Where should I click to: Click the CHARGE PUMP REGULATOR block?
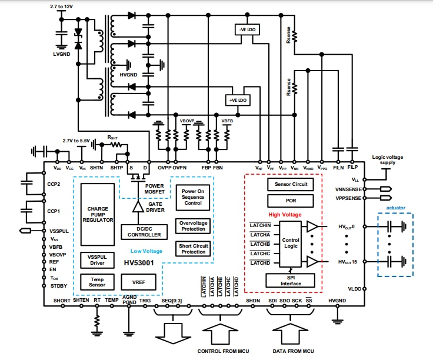(98, 214)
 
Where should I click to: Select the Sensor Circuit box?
(291, 184)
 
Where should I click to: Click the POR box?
(291, 201)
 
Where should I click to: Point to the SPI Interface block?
(291, 281)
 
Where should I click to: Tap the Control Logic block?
(291, 244)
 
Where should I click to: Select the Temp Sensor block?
(98, 282)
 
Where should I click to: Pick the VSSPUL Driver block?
(98, 259)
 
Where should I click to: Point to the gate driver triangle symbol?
(137, 206)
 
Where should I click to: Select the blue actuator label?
(395, 208)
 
